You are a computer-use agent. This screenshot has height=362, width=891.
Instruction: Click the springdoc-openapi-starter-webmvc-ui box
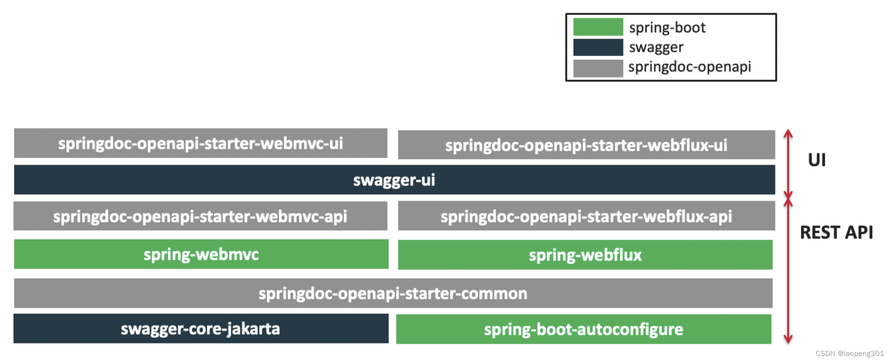tap(201, 143)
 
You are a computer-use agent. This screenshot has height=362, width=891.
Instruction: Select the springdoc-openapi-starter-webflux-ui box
tap(586, 145)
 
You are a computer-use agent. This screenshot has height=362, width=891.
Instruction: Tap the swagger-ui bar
tap(394, 180)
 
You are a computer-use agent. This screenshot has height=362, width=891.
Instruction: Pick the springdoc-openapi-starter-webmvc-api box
tap(200, 216)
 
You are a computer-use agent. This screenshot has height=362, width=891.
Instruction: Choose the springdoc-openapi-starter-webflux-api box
tap(586, 216)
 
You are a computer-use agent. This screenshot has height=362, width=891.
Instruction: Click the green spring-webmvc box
tap(201, 254)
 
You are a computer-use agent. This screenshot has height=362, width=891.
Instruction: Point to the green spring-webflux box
tap(585, 255)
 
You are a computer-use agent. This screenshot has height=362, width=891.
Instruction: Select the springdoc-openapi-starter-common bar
tap(393, 293)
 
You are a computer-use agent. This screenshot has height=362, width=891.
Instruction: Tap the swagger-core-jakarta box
tap(201, 328)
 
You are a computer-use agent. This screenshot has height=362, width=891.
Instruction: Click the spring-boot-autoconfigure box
tap(583, 329)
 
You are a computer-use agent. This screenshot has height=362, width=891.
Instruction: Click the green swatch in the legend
tap(598, 27)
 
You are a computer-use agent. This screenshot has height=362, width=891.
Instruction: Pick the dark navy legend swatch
tap(598, 47)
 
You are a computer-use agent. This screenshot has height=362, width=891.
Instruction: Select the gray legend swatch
tap(598, 68)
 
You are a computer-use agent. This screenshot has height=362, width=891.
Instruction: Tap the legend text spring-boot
tap(667, 28)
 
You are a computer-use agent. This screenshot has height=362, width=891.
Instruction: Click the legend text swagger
tap(656, 47)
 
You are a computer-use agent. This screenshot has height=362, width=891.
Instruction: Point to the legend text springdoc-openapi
tap(690, 67)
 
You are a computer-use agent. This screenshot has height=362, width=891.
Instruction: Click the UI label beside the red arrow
tap(817, 160)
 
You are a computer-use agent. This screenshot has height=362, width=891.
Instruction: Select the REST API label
tap(836, 232)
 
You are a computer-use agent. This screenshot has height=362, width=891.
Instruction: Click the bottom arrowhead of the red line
tap(788, 339)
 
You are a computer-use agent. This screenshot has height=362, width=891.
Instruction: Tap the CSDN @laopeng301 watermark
tap(849, 354)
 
